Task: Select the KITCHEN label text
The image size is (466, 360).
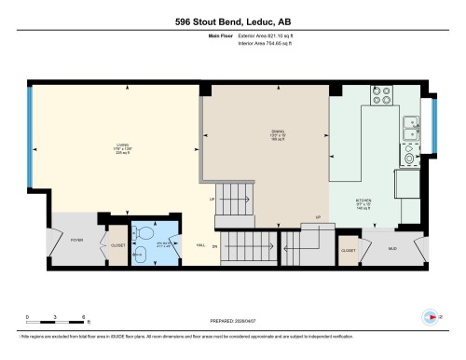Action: tap(363, 200)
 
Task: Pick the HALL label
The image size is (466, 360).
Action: tap(200, 244)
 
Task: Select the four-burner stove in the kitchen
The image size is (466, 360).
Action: tap(381, 94)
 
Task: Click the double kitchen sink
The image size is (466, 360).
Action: tap(411, 129)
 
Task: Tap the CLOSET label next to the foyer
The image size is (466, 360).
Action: tap(117, 245)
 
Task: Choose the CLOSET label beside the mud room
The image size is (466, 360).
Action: tap(348, 250)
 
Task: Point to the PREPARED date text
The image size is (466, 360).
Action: tap(232, 320)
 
